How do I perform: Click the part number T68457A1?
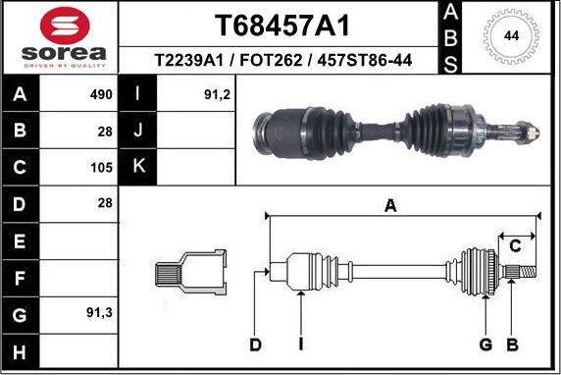[280, 24]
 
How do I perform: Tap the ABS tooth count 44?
[511, 35]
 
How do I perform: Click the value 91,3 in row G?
[100, 312]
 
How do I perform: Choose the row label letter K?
[138, 166]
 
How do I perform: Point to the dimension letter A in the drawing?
[390, 205]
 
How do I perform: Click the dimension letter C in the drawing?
[513, 246]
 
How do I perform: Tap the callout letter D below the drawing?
[255, 344]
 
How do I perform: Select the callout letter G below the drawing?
[484, 344]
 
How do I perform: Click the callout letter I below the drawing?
[301, 344]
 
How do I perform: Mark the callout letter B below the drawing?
[511, 344]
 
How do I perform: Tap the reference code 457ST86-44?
[361, 61]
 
